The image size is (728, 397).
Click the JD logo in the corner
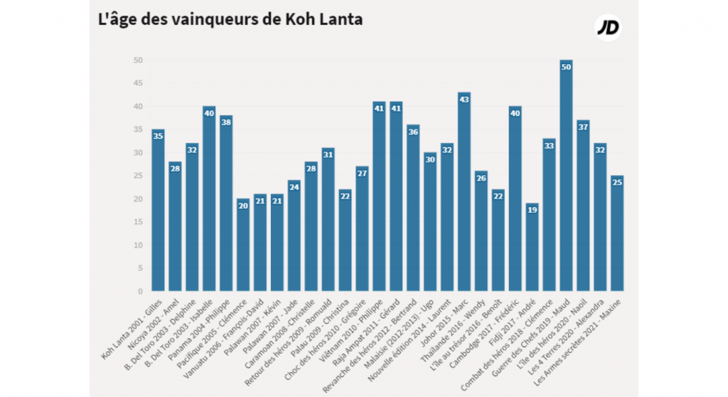point(608,28)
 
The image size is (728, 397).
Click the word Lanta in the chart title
point(339,20)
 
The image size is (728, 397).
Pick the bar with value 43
point(464,192)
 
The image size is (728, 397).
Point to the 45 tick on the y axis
point(138,83)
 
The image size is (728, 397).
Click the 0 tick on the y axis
point(140,292)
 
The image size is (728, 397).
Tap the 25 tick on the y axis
point(138,176)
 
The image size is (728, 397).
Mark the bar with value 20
point(243,245)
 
